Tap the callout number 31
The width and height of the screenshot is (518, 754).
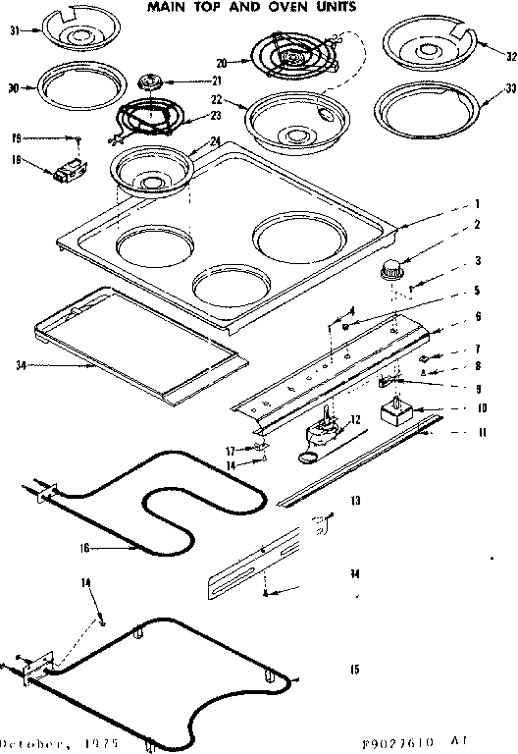[14, 31]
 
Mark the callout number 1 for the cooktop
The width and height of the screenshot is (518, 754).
[477, 205]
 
